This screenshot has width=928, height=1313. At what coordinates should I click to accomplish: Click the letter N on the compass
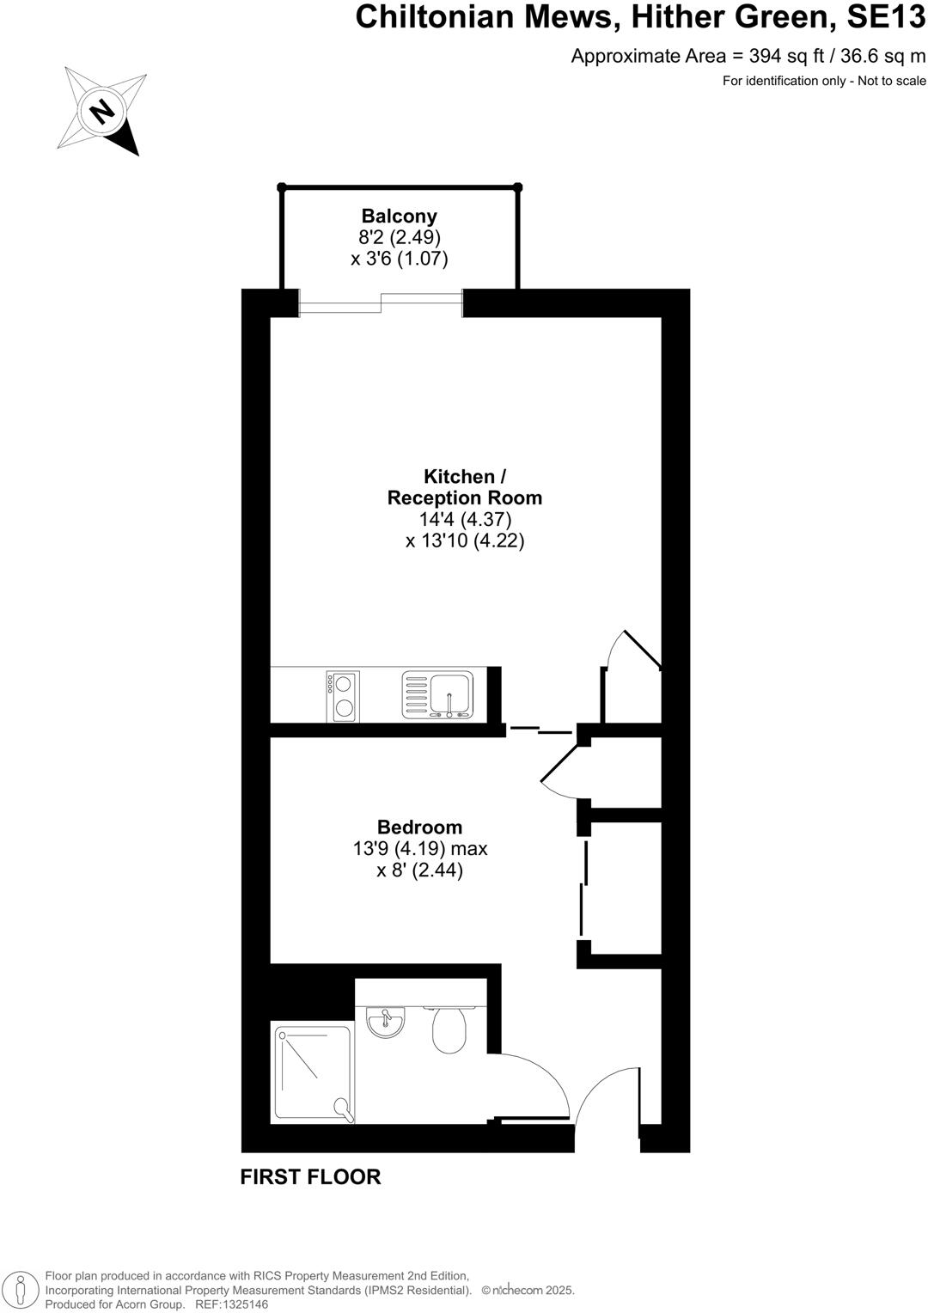pos(102,110)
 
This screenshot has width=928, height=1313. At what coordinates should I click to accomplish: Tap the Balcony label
pos(399,217)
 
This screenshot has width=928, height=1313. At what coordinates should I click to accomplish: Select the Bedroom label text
pos(419,827)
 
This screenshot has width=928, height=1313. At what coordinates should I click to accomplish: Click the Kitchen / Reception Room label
pos(464,487)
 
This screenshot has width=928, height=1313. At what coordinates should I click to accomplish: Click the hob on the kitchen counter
pos(342,696)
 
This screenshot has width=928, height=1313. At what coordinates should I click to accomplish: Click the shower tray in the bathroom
pos(313,1072)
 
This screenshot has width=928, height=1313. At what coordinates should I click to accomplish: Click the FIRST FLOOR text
pos(310,1177)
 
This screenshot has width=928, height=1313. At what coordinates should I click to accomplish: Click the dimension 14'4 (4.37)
pos(465,519)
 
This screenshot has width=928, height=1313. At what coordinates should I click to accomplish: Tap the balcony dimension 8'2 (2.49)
pos(399,237)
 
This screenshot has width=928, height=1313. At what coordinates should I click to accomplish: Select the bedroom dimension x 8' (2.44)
pos(419,870)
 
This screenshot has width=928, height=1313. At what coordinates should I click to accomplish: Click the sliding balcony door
pos(382,303)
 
